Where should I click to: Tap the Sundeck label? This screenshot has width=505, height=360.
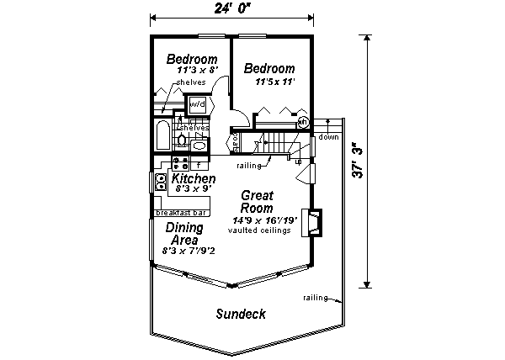pos(240,315)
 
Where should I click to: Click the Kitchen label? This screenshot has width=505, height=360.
pos(194,179)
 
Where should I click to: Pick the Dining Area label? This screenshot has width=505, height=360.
pos(183,234)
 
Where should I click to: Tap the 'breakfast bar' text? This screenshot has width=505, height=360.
pos(182,213)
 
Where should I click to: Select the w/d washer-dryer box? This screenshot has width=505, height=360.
pos(197,104)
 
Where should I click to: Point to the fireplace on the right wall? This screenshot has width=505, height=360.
pos(314,222)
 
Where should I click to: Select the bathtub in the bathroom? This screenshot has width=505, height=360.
pos(162,135)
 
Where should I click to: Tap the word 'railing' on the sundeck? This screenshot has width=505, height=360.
pos(315,298)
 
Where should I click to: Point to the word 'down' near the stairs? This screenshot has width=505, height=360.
pos(328,137)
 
